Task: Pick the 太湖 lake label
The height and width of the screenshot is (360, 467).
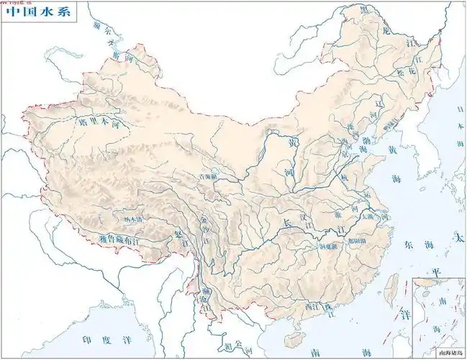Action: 368,216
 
